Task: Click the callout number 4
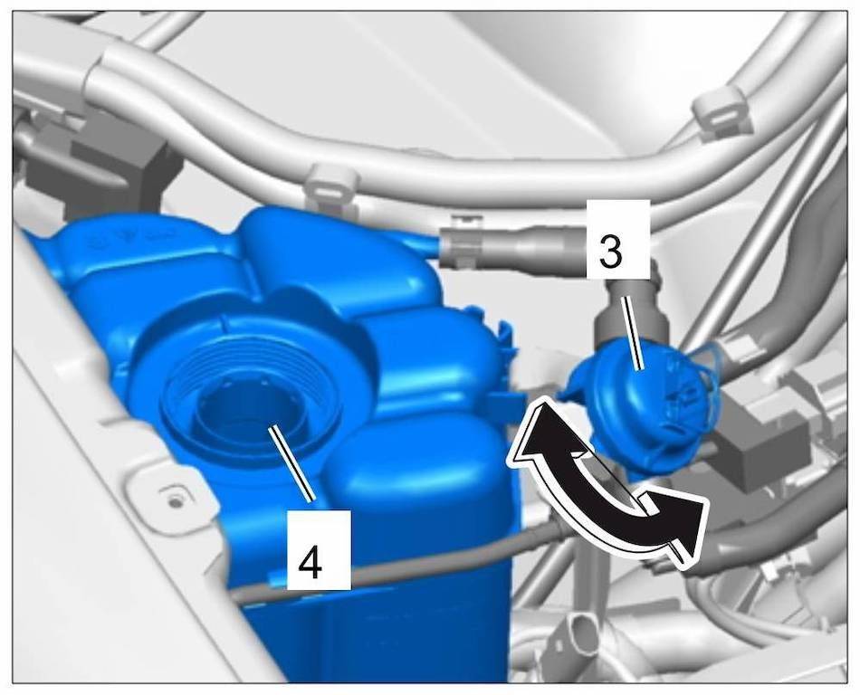point(310,560)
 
